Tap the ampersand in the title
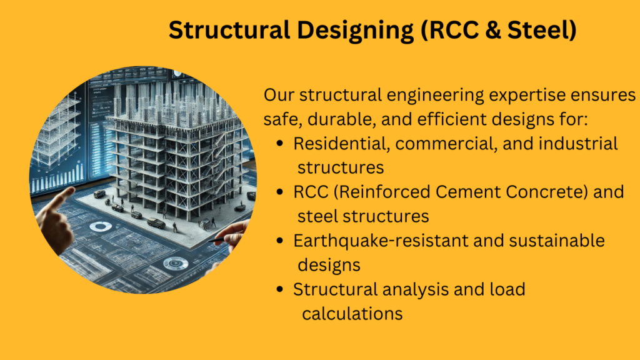492,30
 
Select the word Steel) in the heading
542,30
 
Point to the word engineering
435,96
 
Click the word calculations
352,314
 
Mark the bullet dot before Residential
279,144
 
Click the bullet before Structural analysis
279,289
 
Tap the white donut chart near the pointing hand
100,227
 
